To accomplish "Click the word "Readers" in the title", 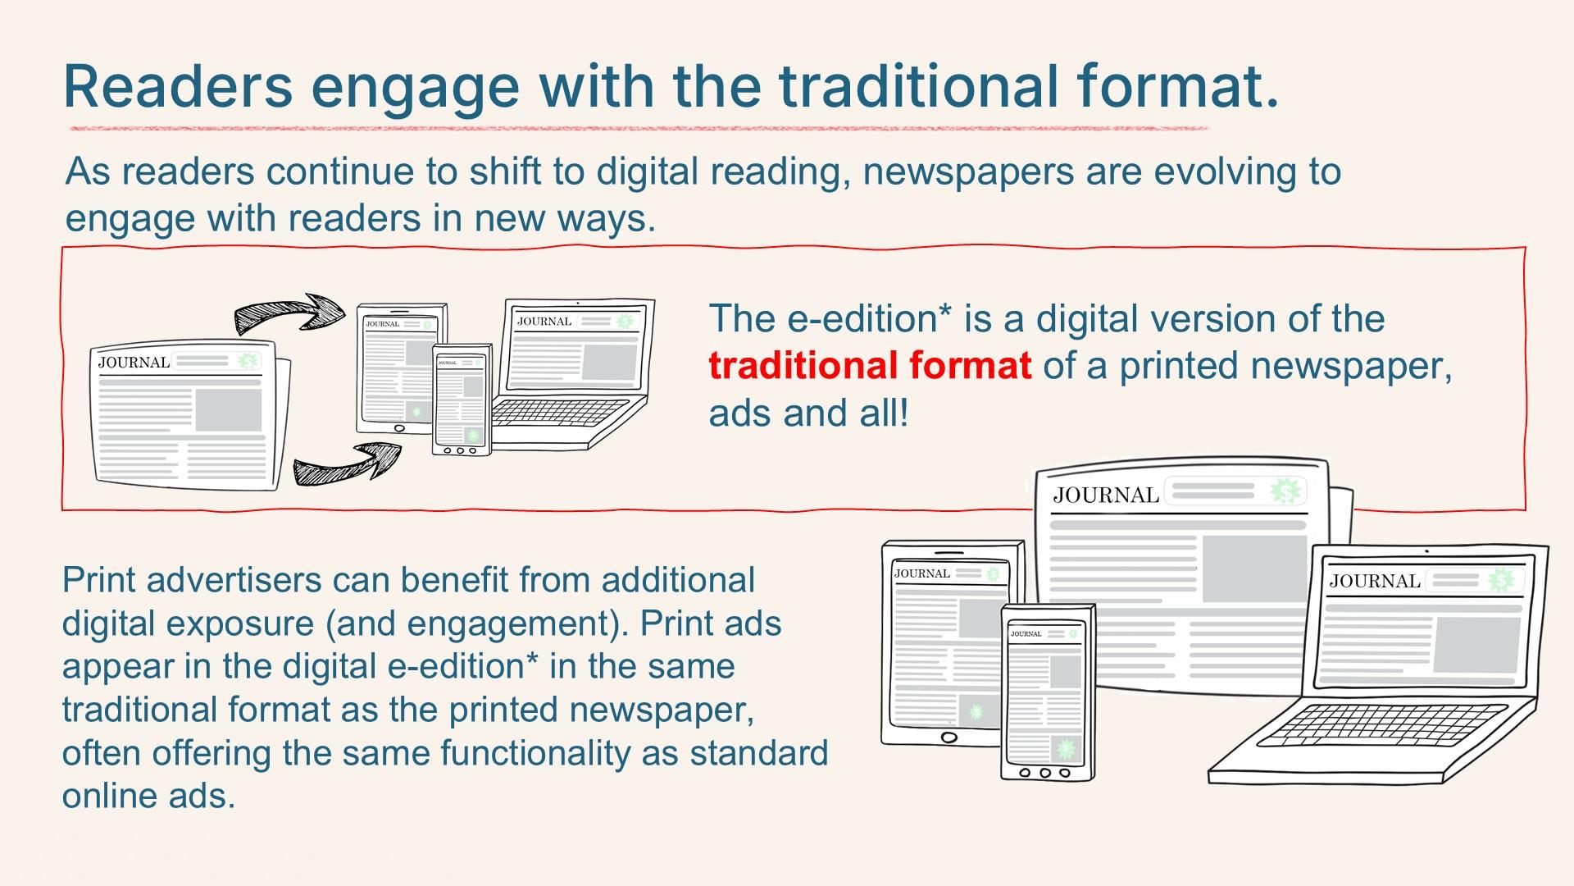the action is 178,86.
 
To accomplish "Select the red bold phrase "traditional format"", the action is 870,366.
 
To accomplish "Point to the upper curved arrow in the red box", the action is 289,313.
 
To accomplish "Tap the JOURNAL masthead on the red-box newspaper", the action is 134,362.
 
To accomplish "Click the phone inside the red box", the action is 462,400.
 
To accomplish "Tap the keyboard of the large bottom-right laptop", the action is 1381,725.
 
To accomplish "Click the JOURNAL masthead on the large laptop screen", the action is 1375,581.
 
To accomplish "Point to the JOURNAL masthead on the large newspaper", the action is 1106,495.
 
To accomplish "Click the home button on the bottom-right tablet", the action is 948,738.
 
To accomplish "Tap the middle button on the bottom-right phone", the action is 1044,773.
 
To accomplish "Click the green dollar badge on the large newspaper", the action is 1285,491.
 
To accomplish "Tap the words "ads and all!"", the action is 809,413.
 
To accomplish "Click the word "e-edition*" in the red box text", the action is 871,318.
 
